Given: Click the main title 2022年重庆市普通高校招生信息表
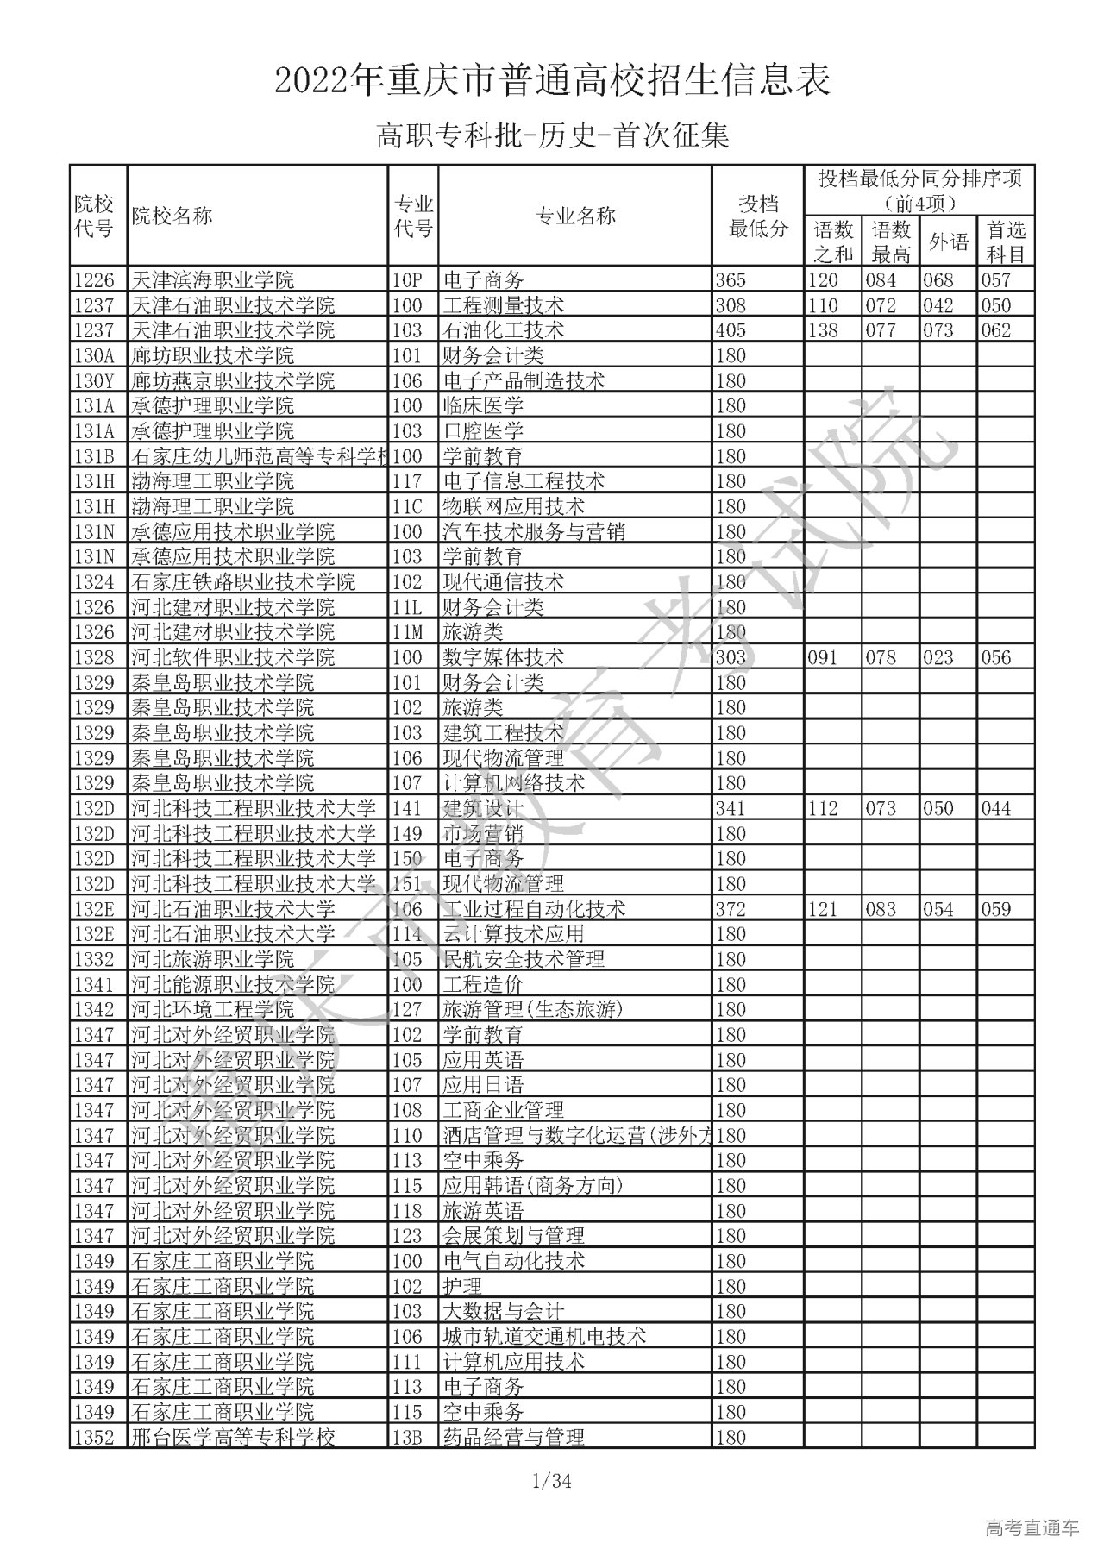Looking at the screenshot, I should pyautogui.click(x=552, y=81).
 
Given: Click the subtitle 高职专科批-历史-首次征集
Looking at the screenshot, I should pyautogui.click(x=552, y=135).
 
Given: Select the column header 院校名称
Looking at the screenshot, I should pyautogui.click(x=172, y=216).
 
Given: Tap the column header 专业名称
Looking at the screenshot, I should pyautogui.click(x=575, y=216).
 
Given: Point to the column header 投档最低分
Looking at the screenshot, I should pyautogui.click(x=758, y=216).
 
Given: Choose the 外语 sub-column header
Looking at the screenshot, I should pyautogui.click(x=949, y=242).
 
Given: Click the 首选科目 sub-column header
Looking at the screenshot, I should pyautogui.click(x=1006, y=242).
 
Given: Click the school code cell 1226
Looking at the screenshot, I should pyautogui.click(x=95, y=280).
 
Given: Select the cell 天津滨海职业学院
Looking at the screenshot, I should pyautogui.click(x=212, y=280).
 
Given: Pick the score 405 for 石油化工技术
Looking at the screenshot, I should pyautogui.click(x=731, y=330).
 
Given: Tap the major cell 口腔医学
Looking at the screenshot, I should pyautogui.click(x=483, y=431).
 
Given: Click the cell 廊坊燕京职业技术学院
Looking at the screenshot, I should pyautogui.click(x=233, y=380).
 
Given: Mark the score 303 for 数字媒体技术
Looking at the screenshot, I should pyautogui.click(x=731, y=657).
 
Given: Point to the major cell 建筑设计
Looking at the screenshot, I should pyautogui.click(x=483, y=808).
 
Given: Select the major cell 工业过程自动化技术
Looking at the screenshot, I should pyautogui.click(x=534, y=909).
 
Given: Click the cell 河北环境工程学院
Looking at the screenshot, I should pyautogui.click(x=212, y=1009).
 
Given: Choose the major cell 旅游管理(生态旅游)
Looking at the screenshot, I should pyautogui.click(x=532, y=1009).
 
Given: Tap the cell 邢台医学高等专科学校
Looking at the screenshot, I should pyautogui.click(x=233, y=1437).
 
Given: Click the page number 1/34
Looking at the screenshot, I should pyautogui.click(x=552, y=1482).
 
